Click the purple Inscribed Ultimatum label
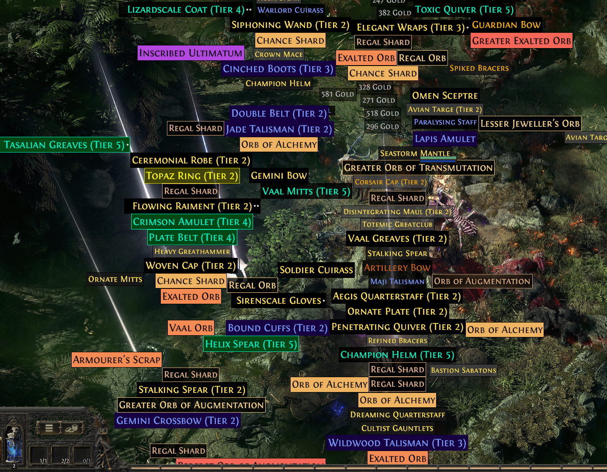(191, 53)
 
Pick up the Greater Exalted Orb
(521, 41)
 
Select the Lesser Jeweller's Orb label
(530, 124)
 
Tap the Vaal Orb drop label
(191, 328)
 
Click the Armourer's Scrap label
(117, 360)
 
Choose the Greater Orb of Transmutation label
(418, 168)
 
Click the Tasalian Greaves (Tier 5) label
(64, 145)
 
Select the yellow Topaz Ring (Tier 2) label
(192, 176)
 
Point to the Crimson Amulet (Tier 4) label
(192, 222)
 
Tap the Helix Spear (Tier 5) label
(251, 344)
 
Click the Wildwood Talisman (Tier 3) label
(397, 443)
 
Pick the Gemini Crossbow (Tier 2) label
(177, 421)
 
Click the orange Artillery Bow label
(397, 268)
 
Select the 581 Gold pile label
(337, 94)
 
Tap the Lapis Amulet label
(445, 139)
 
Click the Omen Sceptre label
(445, 96)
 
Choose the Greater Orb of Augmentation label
(191, 405)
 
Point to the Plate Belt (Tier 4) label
(192, 238)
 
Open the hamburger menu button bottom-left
(49, 428)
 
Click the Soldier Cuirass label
(316, 270)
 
